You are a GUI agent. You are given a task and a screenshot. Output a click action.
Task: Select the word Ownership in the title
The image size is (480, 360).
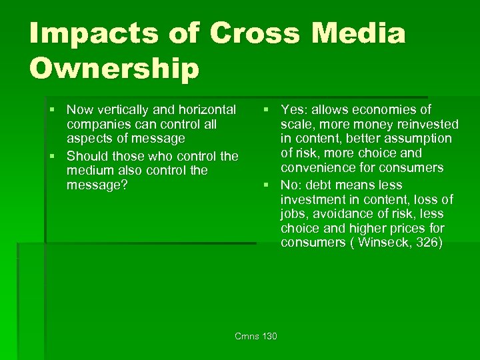tap(114, 69)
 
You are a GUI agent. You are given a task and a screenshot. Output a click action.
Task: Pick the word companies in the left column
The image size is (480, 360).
tap(96, 124)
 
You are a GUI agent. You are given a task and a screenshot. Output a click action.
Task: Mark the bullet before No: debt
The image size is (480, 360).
tap(265, 185)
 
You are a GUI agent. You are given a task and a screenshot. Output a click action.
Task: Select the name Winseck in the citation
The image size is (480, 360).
tap(385, 242)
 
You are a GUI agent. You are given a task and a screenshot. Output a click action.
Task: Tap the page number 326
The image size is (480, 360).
tap(427, 242)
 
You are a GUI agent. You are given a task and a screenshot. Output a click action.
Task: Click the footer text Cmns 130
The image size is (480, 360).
tap(256, 335)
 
